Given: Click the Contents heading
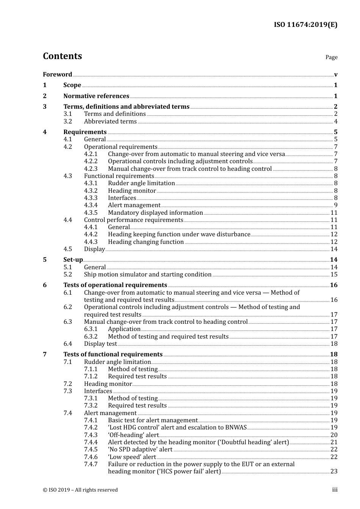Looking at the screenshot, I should [62, 56].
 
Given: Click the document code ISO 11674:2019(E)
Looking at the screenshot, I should [305, 25].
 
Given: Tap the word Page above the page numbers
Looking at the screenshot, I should [331, 57].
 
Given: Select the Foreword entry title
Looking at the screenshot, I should [57, 74].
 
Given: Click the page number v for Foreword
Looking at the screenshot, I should [336, 75].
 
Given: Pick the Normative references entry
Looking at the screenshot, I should [96, 96].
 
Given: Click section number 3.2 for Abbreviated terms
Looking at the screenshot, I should [67, 121].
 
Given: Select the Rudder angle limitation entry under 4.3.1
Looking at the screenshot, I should [141, 183].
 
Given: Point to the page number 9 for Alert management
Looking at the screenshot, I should [336, 205].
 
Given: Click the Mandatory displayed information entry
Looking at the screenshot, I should [155, 213].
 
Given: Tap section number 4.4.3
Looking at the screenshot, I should [91, 242].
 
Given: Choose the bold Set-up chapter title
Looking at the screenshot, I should [73, 259].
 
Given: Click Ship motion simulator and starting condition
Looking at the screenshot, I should [147, 275].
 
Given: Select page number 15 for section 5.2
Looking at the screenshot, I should [334, 275].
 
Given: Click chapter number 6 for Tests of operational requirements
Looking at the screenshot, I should [45, 285].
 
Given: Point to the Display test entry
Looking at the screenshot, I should [100, 343].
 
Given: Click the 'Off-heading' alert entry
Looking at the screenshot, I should [133, 435].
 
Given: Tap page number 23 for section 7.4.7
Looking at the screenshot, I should [334, 472].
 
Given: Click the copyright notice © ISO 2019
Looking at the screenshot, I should [80, 490].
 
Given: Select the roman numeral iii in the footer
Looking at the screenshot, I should [335, 490].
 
